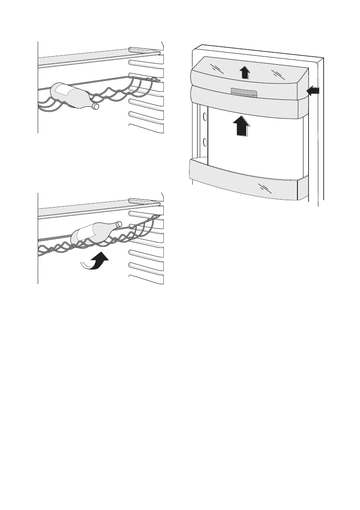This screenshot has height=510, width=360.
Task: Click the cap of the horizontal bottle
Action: [x=96, y=106]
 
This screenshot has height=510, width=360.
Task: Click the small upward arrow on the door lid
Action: [x=244, y=72]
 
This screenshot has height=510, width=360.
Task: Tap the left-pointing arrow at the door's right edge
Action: [x=313, y=90]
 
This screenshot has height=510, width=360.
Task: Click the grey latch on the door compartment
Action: [x=243, y=93]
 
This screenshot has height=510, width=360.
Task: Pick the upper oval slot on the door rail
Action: [x=205, y=117]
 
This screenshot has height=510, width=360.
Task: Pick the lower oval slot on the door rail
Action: [x=205, y=142]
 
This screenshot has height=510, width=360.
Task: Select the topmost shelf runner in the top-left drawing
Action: [x=145, y=50]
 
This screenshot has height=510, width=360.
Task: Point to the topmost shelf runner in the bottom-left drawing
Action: [x=145, y=201]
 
